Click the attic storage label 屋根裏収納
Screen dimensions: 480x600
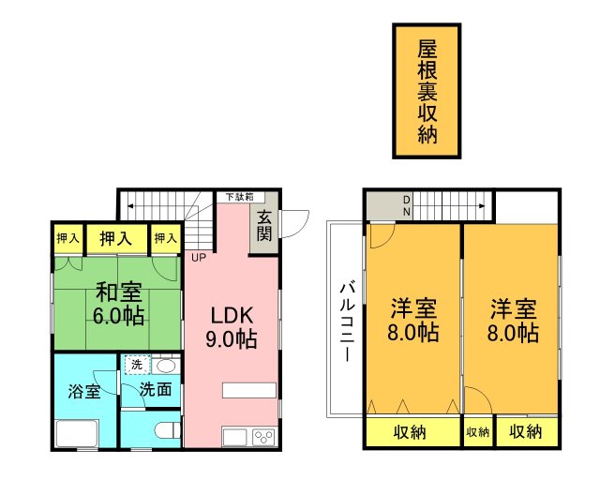(427, 90)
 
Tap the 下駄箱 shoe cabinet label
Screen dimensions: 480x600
(238, 197)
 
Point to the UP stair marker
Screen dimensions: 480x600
(199, 257)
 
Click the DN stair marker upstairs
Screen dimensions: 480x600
(407, 205)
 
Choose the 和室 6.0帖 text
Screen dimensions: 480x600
(118, 302)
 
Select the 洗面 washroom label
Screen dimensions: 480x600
(156, 389)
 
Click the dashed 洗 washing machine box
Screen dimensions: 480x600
(137, 365)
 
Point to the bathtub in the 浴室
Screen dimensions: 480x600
(83, 434)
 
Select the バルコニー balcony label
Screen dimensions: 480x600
(345, 319)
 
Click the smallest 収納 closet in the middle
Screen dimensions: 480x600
(477, 432)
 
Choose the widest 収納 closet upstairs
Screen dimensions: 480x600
(411, 432)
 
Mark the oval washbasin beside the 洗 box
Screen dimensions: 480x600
(165, 365)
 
